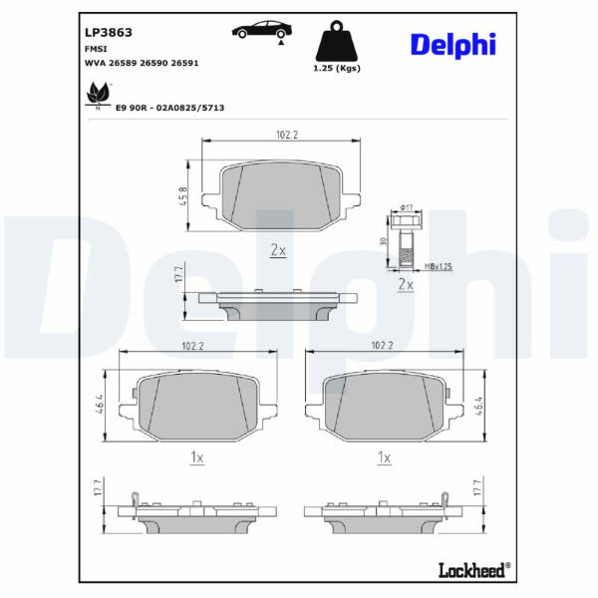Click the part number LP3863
(x=109, y=33)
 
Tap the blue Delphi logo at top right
(x=453, y=46)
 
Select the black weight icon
(x=337, y=41)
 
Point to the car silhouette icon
(x=262, y=31)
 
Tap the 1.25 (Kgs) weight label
(x=337, y=68)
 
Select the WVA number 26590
(x=153, y=63)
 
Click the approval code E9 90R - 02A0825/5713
(x=169, y=108)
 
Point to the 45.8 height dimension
(x=183, y=196)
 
